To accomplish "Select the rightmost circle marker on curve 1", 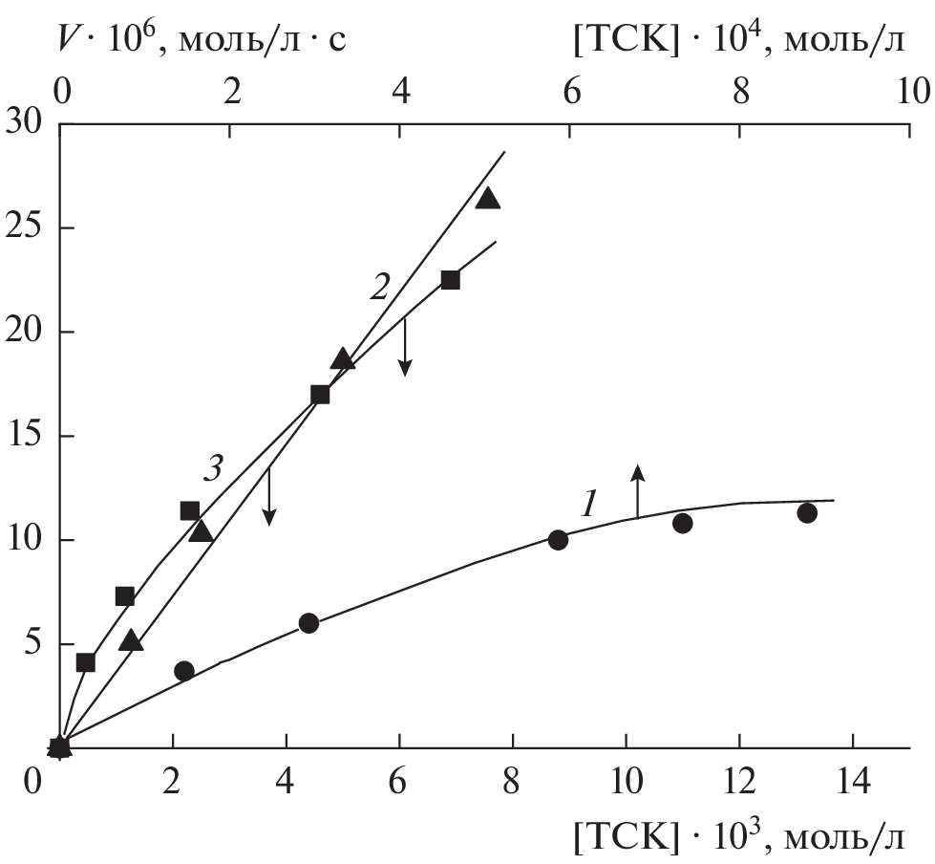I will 807,513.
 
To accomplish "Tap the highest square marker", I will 450,280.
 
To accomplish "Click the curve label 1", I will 590,504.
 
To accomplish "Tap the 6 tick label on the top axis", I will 570,91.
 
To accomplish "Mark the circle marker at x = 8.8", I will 558,540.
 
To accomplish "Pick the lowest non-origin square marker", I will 85,662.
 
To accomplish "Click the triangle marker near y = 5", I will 132,640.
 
